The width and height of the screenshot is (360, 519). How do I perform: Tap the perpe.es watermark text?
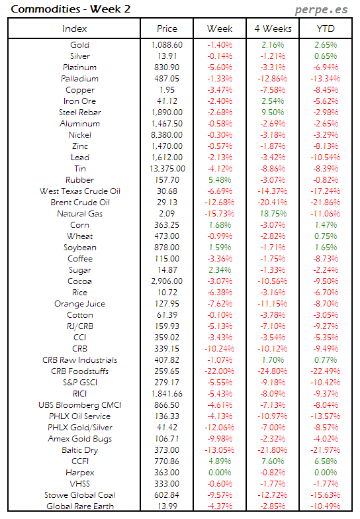[x=322, y=10]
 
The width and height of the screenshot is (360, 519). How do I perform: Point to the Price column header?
[x=167, y=28]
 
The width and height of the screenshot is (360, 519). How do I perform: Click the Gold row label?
[x=79, y=45]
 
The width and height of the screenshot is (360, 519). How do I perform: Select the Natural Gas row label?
[x=79, y=214]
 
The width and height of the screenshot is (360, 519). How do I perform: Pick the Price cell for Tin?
[x=167, y=169]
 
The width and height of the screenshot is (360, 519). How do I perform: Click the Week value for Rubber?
[x=220, y=180]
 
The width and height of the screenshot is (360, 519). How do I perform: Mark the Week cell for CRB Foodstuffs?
[x=219, y=371]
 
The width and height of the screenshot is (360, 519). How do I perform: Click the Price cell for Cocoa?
[x=167, y=281]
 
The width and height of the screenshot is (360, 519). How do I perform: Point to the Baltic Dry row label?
[x=79, y=450]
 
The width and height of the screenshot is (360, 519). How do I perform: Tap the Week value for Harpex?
[x=220, y=473]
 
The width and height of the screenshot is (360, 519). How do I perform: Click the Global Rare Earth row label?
[x=79, y=506]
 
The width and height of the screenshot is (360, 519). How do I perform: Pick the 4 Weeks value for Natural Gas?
[x=273, y=214]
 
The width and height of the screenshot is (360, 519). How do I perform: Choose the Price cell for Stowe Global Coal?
[x=167, y=495]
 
